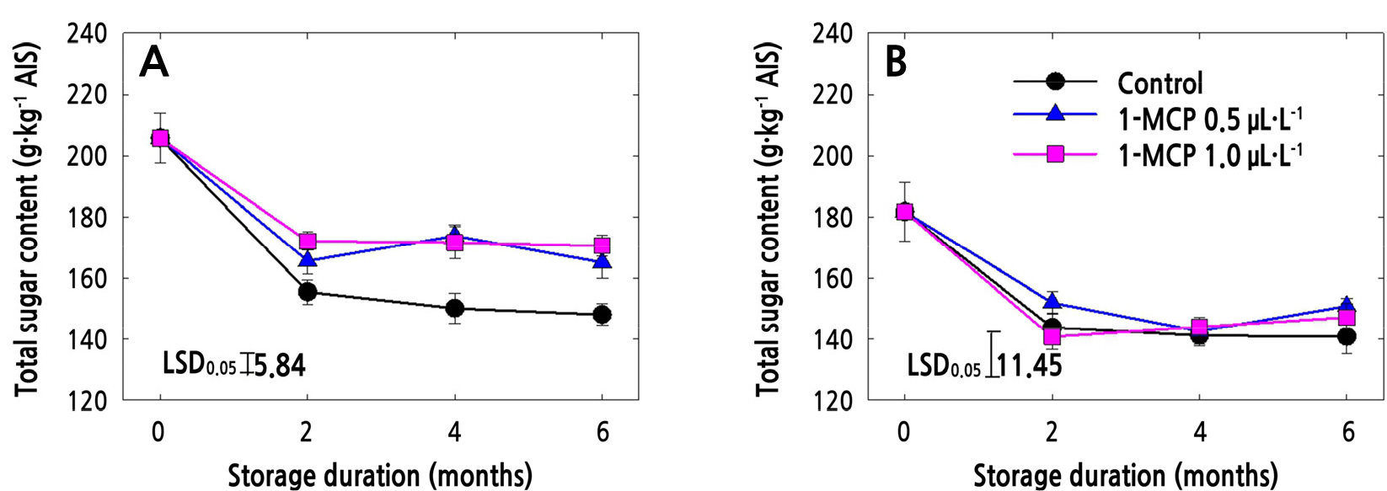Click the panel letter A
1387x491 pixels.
(153, 62)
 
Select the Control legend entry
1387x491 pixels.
(1159, 83)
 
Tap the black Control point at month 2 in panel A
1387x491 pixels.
(308, 292)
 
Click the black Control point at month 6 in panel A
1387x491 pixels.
(602, 315)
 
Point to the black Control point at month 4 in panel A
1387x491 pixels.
(455, 308)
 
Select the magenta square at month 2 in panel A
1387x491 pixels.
(308, 242)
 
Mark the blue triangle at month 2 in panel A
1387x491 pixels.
(308, 260)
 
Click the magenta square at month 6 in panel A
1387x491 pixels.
(602, 246)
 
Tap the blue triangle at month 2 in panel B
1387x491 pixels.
(1052, 302)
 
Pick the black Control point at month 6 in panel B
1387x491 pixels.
(1347, 337)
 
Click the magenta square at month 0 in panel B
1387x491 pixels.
(904, 212)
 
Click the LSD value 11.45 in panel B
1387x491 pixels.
(1030, 366)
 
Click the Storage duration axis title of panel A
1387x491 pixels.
(380, 475)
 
